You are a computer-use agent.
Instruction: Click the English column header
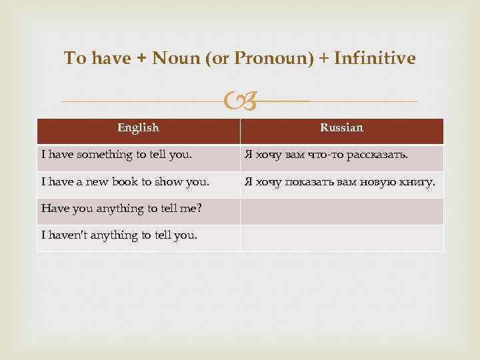click(138, 127)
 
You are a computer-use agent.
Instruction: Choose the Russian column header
click(341, 127)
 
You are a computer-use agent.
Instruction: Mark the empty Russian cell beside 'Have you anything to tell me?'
click(341, 211)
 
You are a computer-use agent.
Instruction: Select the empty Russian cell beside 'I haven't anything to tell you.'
click(341, 238)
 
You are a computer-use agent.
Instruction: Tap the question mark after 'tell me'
click(199, 208)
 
